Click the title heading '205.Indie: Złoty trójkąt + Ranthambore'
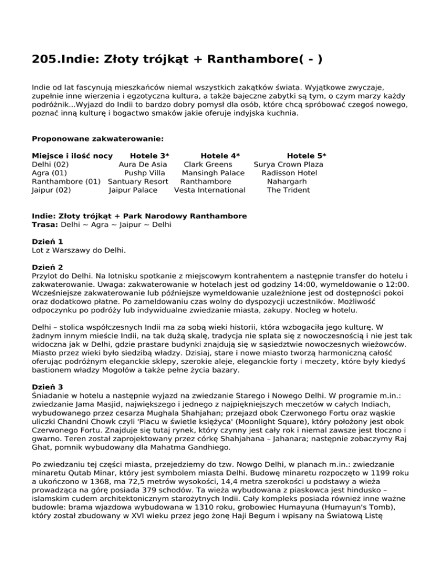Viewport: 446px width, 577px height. [x=177, y=59]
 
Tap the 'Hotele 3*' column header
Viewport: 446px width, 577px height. [x=150, y=156]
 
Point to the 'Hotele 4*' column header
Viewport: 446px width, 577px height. [x=220, y=156]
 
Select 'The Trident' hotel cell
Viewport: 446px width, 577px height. [x=289, y=190]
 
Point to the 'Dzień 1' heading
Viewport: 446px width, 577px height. [x=47, y=241]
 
